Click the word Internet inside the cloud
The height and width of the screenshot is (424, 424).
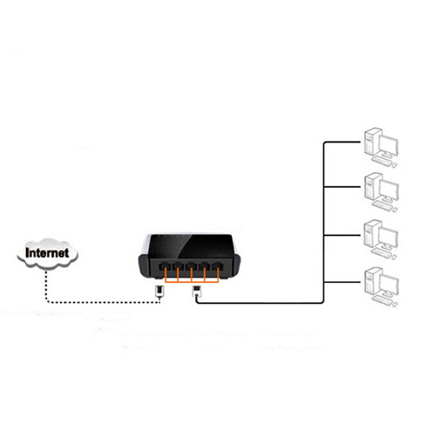pos(48,253)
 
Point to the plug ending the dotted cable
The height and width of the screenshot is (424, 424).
pos(158,290)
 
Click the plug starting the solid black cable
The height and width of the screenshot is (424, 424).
pos(197,290)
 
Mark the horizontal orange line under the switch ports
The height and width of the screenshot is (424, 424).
pos(190,280)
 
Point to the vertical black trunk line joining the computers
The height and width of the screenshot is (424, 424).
pos(323,223)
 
